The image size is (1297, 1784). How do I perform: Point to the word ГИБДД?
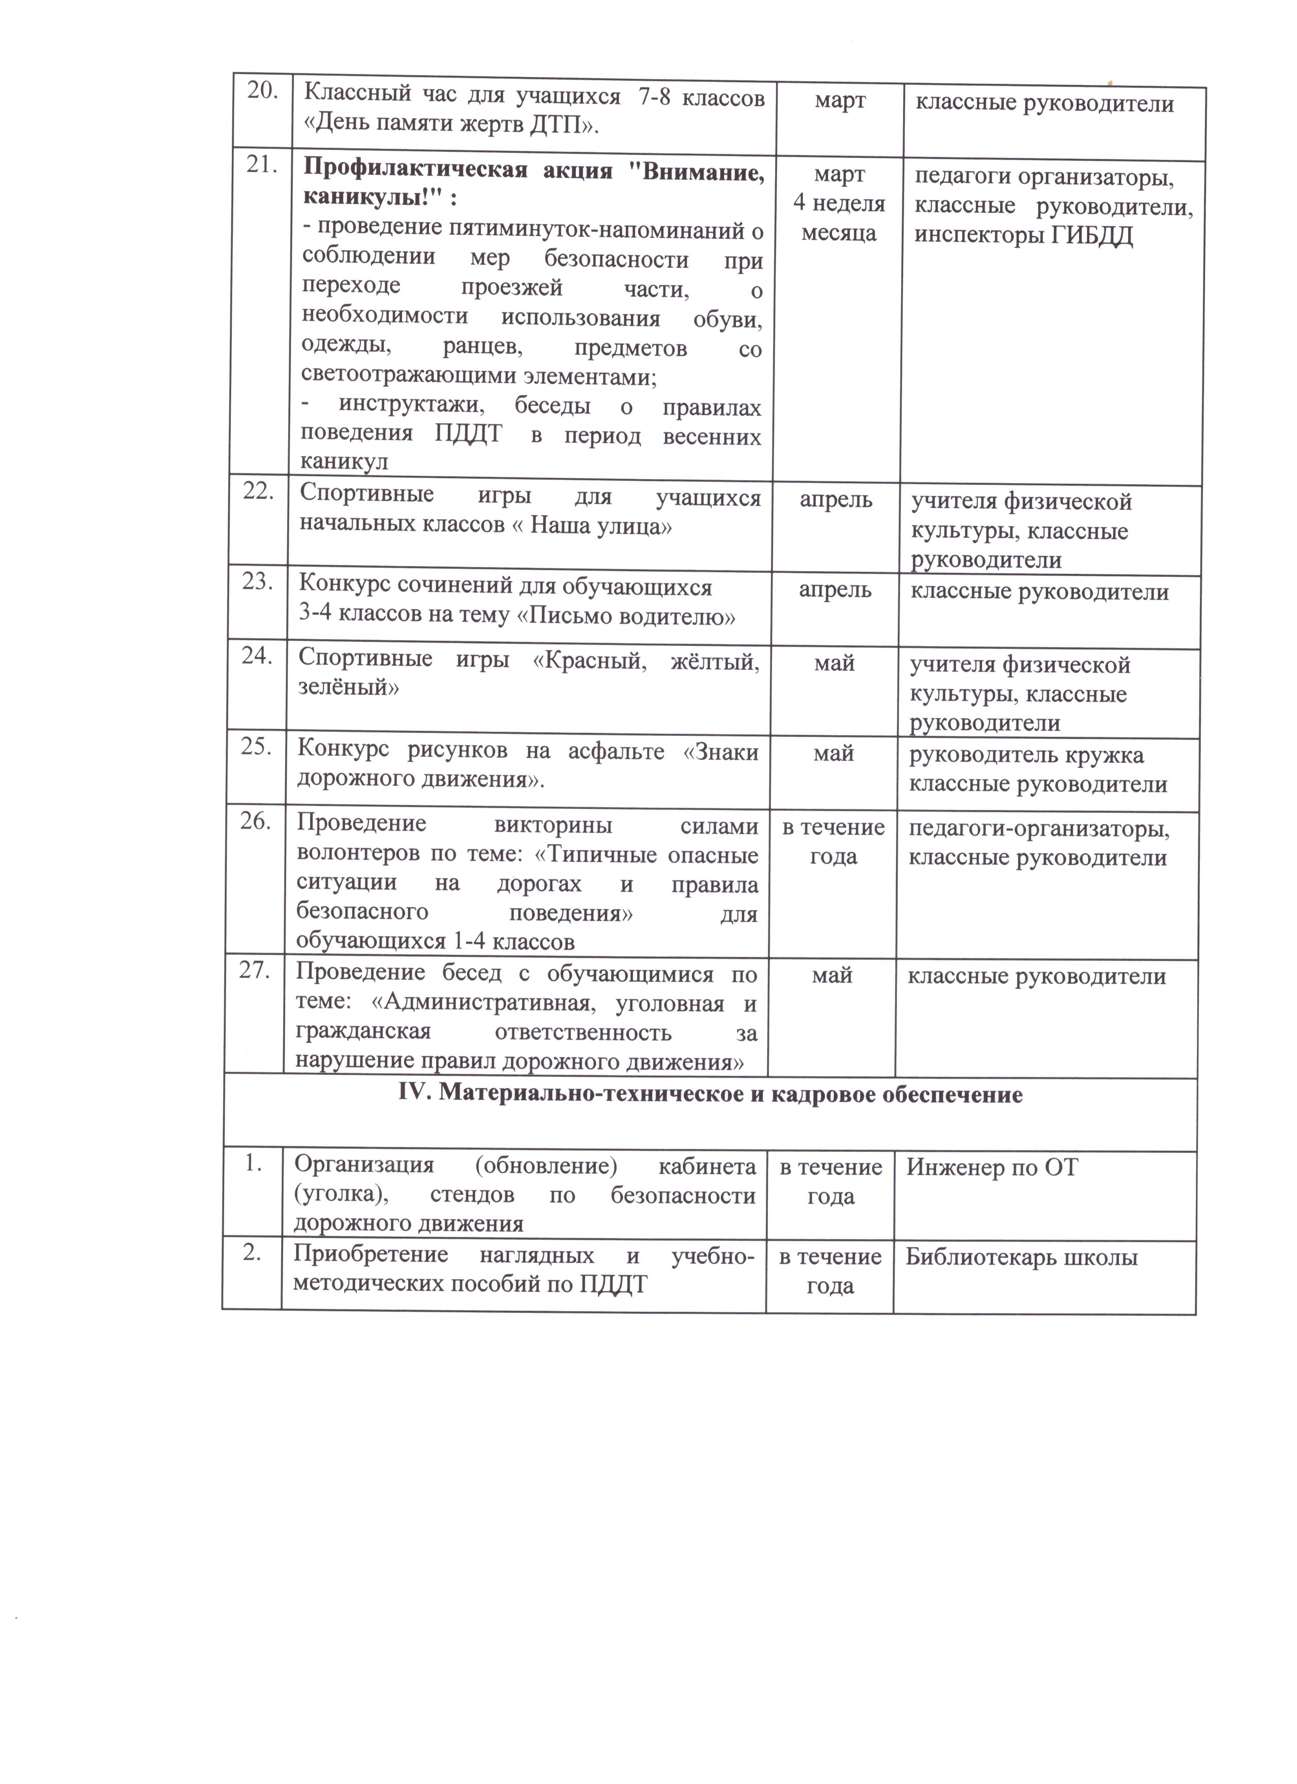(1091, 237)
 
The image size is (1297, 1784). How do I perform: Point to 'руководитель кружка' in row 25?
(1027, 755)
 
